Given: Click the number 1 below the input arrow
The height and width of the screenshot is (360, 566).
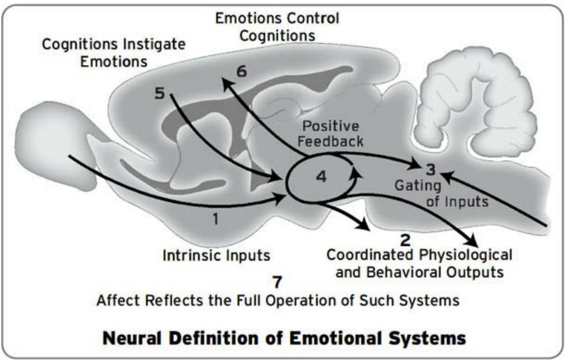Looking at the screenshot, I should pyautogui.click(x=215, y=219).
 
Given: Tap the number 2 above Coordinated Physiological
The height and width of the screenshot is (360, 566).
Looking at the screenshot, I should pyautogui.click(x=405, y=239).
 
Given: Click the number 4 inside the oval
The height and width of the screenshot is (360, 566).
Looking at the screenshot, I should pyautogui.click(x=321, y=177).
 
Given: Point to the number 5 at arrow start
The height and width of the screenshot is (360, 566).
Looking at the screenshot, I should pyautogui.click(x=161, y=92).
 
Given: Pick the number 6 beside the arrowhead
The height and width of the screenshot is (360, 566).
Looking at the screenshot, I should pyautogui.click(x=242, y=71).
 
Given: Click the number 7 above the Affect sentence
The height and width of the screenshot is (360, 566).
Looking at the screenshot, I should pyautogui.click(x=278, y=282).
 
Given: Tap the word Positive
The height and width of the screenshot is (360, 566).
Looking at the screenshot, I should pyautogui.click(x=331, y=126).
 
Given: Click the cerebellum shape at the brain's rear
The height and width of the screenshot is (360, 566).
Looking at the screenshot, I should pyautogui.click(x=473, y=107).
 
